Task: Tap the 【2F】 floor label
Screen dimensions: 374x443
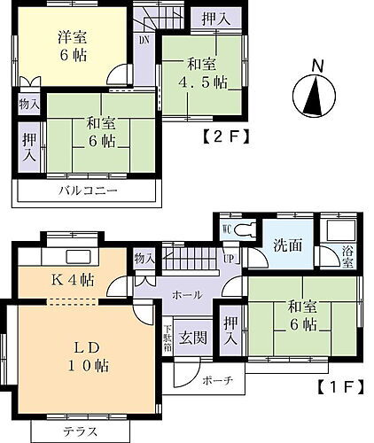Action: click(x=226, y=137)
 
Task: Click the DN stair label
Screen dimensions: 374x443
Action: click(x=144, y=40)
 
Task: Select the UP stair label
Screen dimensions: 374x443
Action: click(x=230, y=259)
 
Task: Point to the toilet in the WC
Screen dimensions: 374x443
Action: click(x=244, y=229)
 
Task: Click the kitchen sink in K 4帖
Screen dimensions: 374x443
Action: click(x=78, y=256)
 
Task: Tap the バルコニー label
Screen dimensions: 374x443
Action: click(x=88, y=190)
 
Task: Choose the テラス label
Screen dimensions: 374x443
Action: click(x=81, y=432)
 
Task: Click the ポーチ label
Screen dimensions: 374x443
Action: click(x=218, y=381)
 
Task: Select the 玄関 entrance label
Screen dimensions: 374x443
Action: click(x=193, y=338)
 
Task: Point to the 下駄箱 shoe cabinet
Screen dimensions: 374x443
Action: click(x=168, y=338)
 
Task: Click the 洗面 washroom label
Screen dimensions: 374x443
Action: click(x=287, y=245)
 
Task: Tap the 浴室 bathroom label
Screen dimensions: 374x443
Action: click(x=348, y=257)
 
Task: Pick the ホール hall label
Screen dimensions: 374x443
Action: click(x=187, y=295)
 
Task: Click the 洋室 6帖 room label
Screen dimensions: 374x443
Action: click(x=73, y=46)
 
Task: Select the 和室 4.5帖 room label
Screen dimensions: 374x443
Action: click(x=203, y=74)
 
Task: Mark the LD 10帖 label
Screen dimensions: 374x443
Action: click(x=87, y=356)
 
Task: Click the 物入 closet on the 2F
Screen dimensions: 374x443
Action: click(x=28, y=104)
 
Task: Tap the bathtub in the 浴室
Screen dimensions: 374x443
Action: click(x=340, y=229)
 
